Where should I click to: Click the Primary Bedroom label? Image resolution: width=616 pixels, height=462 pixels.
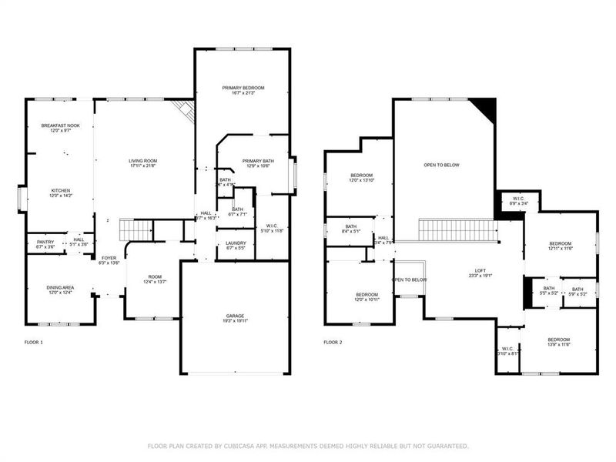click(243, 87)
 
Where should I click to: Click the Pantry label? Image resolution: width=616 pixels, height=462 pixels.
click(45, 242)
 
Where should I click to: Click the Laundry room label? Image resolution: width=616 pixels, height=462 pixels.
click(236, 243)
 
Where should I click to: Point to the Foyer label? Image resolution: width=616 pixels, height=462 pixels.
click(108, 257)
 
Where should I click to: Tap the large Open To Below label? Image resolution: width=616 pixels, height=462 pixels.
click(442, 165)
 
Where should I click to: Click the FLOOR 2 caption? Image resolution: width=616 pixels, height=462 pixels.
click(332, 341)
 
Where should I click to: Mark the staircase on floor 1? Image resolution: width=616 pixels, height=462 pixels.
click(136, 228)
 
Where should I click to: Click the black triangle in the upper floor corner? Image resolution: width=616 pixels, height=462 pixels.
click(485, 108)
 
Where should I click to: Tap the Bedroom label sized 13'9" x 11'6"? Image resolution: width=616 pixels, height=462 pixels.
click(558, 339)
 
